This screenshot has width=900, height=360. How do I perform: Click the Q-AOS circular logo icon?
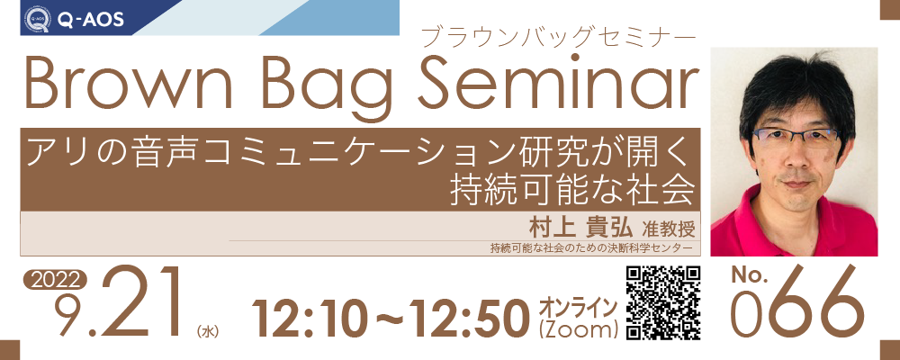click(x=37, y=20)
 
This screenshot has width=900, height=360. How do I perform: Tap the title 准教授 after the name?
click(x=669, y=229)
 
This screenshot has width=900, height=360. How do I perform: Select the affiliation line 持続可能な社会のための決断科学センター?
click(x=588, y=248)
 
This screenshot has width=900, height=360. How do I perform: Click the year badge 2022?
click(x=55, y=279)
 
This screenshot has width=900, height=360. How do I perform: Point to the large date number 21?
click(x=140, y=305)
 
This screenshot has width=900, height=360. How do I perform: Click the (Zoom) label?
click(x=578, y=329)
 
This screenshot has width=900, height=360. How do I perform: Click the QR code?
click(x=663, y=303)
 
